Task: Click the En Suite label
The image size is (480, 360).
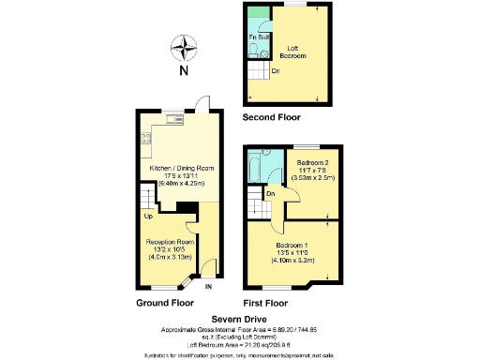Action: [x=257, y=38]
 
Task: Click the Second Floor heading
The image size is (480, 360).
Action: [x=271, y=119]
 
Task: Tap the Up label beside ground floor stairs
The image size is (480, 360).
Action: [x=148, y=217]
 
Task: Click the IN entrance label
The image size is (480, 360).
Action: [x=209, y=286]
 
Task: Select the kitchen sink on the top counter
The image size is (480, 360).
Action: [x=173, y=119]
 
